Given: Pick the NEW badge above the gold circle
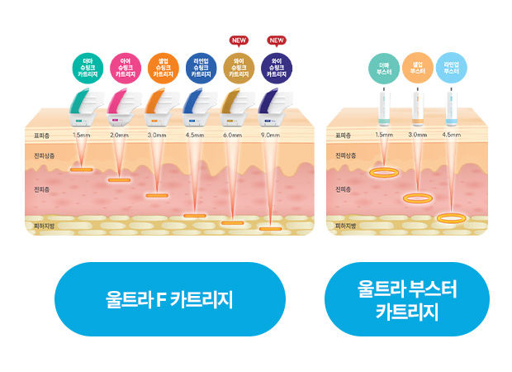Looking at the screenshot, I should tap(239, 40).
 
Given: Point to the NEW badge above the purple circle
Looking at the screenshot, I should tap(276, 40).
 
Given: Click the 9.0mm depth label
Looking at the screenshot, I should tap(270, 134).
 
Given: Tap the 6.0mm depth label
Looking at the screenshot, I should tap(232, 134).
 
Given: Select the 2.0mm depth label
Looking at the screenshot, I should tap(119, 134).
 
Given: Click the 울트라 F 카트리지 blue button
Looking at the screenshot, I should tap(168, 299).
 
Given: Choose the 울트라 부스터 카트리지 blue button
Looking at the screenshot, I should tap(407, 299).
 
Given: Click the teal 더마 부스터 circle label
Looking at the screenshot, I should tap(383, 68).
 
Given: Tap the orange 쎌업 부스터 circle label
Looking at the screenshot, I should tap(417, 68).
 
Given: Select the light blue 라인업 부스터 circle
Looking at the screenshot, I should tap(451, 68).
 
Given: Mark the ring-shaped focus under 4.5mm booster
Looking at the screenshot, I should tap(451, 218).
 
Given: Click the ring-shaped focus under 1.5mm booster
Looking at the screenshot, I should tap(383, 173).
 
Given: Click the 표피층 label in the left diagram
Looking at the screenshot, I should tap(43, 134).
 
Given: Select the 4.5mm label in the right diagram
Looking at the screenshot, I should tap(451, 134).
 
